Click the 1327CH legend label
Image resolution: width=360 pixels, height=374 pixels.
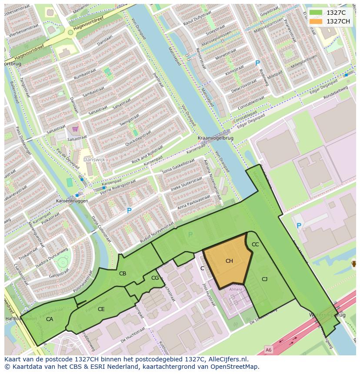pos(338,21)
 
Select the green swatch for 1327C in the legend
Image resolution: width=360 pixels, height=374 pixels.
pos(316,13)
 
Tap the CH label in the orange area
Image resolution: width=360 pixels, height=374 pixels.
pos(229,261)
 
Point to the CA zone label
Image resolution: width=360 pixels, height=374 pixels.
pos(50,319)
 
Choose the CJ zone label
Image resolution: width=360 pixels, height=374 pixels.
pos(264,279)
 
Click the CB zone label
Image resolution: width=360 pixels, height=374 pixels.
pos(123,273)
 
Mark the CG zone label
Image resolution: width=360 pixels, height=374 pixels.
pos(155,278)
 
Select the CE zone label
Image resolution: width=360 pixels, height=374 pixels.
pos(101,309)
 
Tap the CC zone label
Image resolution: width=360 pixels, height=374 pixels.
pos(255,245)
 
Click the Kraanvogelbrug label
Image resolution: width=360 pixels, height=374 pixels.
pos(216,138)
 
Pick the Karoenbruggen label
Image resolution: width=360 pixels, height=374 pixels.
pos(72,201)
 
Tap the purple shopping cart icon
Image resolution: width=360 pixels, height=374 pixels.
pos(75,129)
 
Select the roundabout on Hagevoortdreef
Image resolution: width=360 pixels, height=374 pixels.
pos(70,32)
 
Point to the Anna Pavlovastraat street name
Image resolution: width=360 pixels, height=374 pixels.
pos(194,201)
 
